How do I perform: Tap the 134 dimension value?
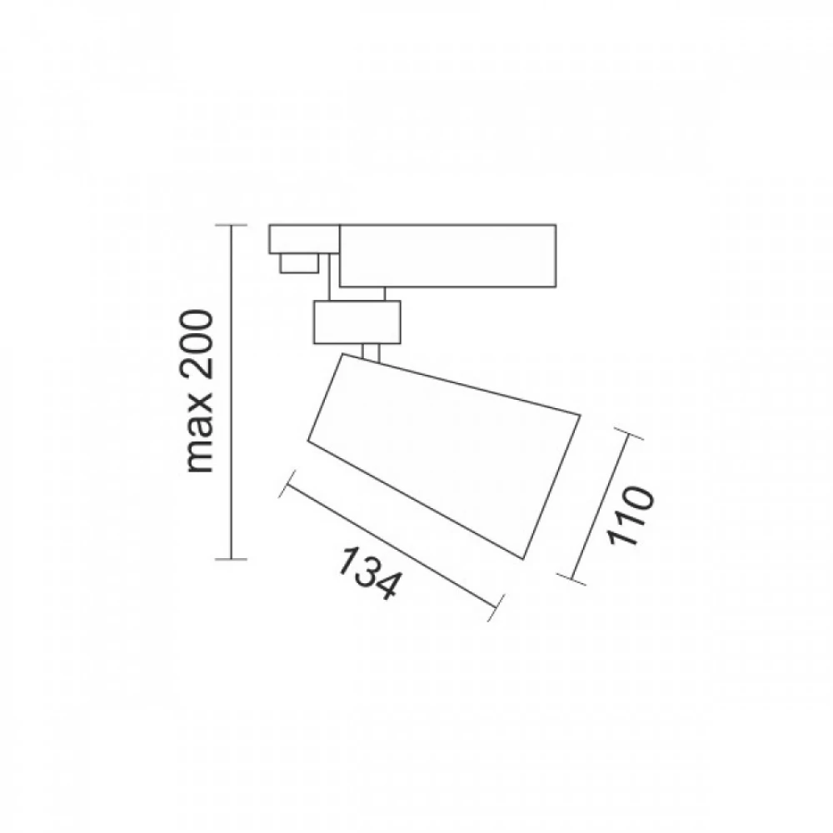pos(366,572)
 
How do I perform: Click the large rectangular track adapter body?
pos(448,255)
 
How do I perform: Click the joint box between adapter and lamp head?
pos(356,321)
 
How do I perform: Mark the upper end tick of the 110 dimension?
pos(631,436)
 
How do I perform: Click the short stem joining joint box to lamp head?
pos(372,352)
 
